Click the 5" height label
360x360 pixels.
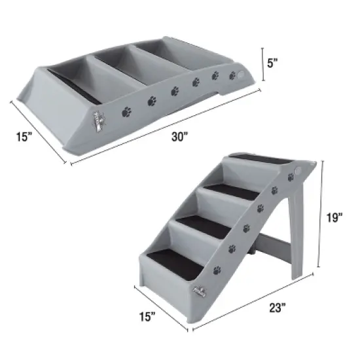273,64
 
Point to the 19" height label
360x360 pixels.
335,217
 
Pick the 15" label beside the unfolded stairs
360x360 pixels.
149,317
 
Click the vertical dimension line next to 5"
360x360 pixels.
263,64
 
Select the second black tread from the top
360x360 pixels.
232,192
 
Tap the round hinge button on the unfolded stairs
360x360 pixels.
299,171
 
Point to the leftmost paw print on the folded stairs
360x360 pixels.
126,112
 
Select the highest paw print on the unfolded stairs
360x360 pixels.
290,177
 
